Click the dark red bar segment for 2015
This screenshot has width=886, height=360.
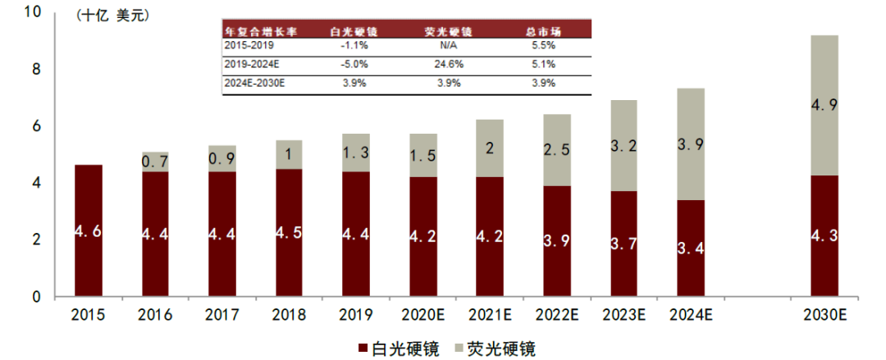point(88,230)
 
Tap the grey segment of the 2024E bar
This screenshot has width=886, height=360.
point(690,144)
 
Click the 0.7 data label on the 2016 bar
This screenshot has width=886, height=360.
point(155,162)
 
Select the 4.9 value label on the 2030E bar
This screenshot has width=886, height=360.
point(824,105)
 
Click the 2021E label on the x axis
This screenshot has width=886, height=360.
point(490,315)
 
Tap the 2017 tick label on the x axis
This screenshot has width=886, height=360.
point(221,315)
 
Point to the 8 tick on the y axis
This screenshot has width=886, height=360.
point(34,71)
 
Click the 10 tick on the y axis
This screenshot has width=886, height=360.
point(31,13)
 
